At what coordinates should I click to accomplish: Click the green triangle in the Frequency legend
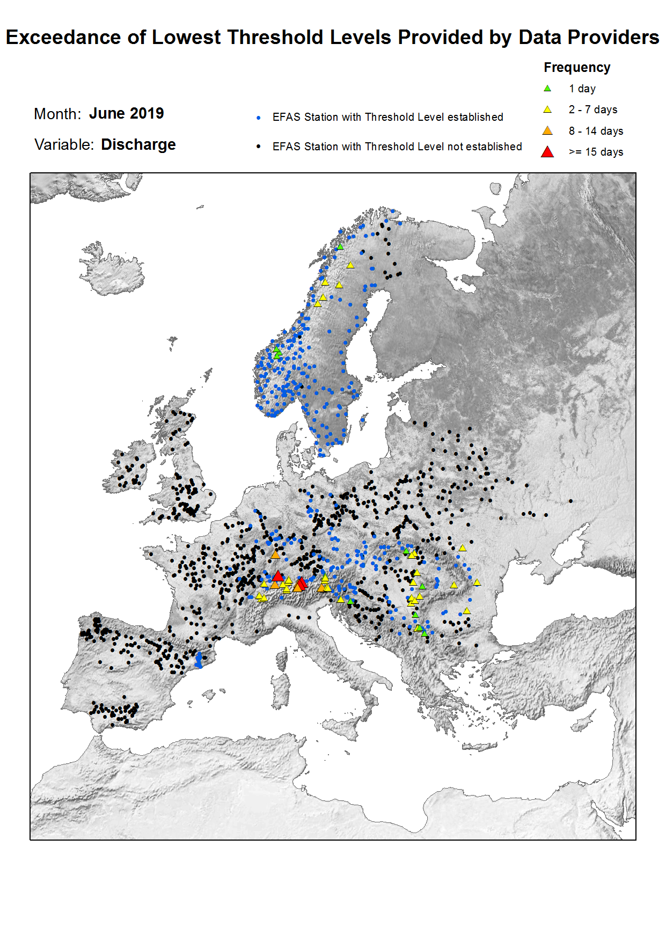[547, 89]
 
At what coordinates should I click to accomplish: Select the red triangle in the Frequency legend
[547, 152]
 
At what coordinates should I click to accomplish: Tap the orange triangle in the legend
[547, 131]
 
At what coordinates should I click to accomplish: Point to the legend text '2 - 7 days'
[592, 110]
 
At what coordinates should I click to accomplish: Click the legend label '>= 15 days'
[596, 152]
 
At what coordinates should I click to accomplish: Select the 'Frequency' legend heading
[577, 68]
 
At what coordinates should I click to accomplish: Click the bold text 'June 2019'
[126, 114]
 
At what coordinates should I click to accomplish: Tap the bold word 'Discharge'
[138, 145]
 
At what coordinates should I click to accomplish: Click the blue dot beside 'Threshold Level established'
[259, 118]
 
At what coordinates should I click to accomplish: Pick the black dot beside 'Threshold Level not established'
[259, 147]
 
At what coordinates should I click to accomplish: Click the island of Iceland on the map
[113, 271]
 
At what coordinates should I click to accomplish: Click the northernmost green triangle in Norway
[340, 247]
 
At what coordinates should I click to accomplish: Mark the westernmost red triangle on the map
[277, 576]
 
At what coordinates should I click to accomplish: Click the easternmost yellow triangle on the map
[477, 582]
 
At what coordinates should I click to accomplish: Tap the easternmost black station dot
[570, 501]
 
